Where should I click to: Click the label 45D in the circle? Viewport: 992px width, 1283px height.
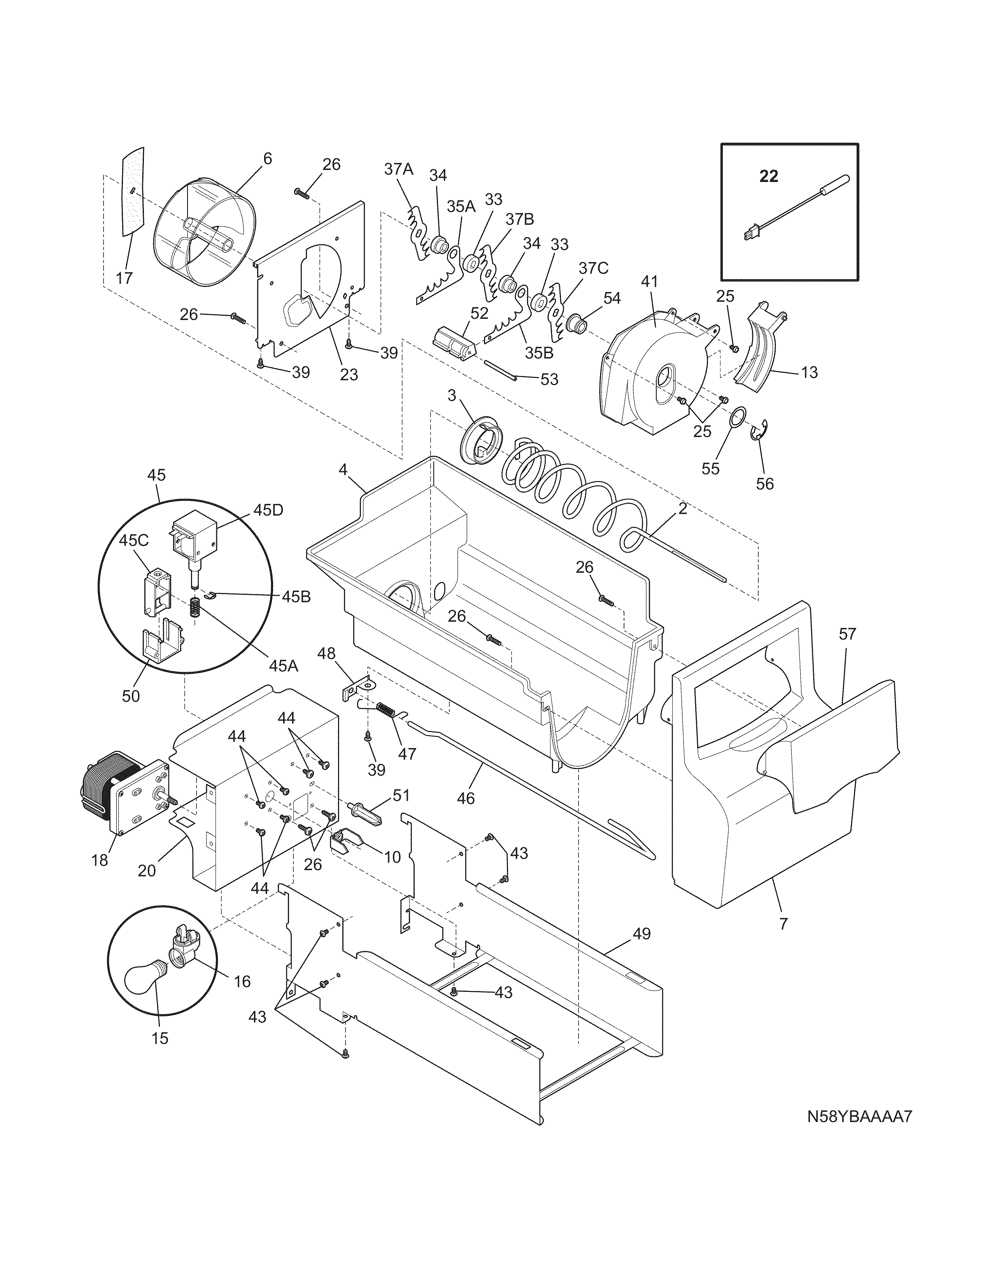(268, 510)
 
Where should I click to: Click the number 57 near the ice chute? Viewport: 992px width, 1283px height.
(847, 634)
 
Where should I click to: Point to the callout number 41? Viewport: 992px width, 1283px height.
(649, 281)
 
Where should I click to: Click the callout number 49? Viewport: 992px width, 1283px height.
(642, 933)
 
